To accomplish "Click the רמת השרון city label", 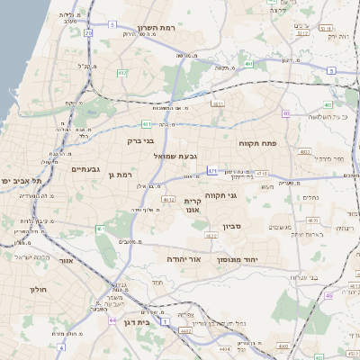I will (161, 28).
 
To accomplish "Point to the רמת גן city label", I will (120, 175).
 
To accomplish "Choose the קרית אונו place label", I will (192, 204).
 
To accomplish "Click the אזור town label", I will (66, 260).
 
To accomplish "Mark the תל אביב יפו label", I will (16, 181).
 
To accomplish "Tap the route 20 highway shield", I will (88, 32).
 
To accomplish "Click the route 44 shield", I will (112, 319).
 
